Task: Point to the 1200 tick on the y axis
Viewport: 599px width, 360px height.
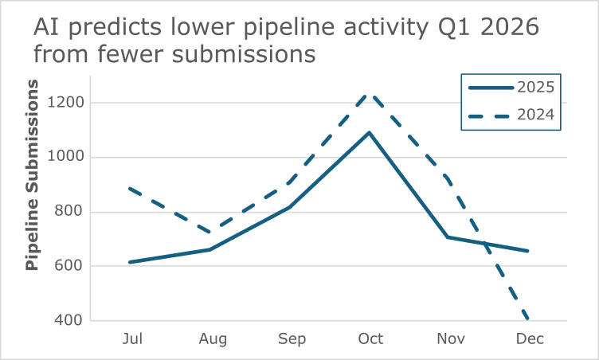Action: point(68,103)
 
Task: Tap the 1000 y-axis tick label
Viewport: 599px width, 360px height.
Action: point(68,157)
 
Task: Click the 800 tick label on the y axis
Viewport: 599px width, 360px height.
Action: point(71,212)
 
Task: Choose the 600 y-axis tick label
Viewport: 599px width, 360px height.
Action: point(71,266)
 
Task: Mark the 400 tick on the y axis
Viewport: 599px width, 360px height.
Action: point(71,321)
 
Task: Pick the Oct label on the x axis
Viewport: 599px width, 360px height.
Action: point(370,339)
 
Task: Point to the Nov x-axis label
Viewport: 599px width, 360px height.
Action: point(449,339)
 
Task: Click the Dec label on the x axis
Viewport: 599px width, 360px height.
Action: point(529,339)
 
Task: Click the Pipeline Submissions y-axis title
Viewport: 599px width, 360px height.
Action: point(32,174)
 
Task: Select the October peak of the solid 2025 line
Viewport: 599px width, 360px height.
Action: point(369,132)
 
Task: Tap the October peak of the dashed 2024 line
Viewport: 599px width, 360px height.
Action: point(369,94)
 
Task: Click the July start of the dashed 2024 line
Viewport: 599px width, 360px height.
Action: point(130,189)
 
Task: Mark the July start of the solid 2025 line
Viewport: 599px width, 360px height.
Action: point(130,262)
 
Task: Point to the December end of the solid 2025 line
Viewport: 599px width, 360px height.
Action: point(528,251)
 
